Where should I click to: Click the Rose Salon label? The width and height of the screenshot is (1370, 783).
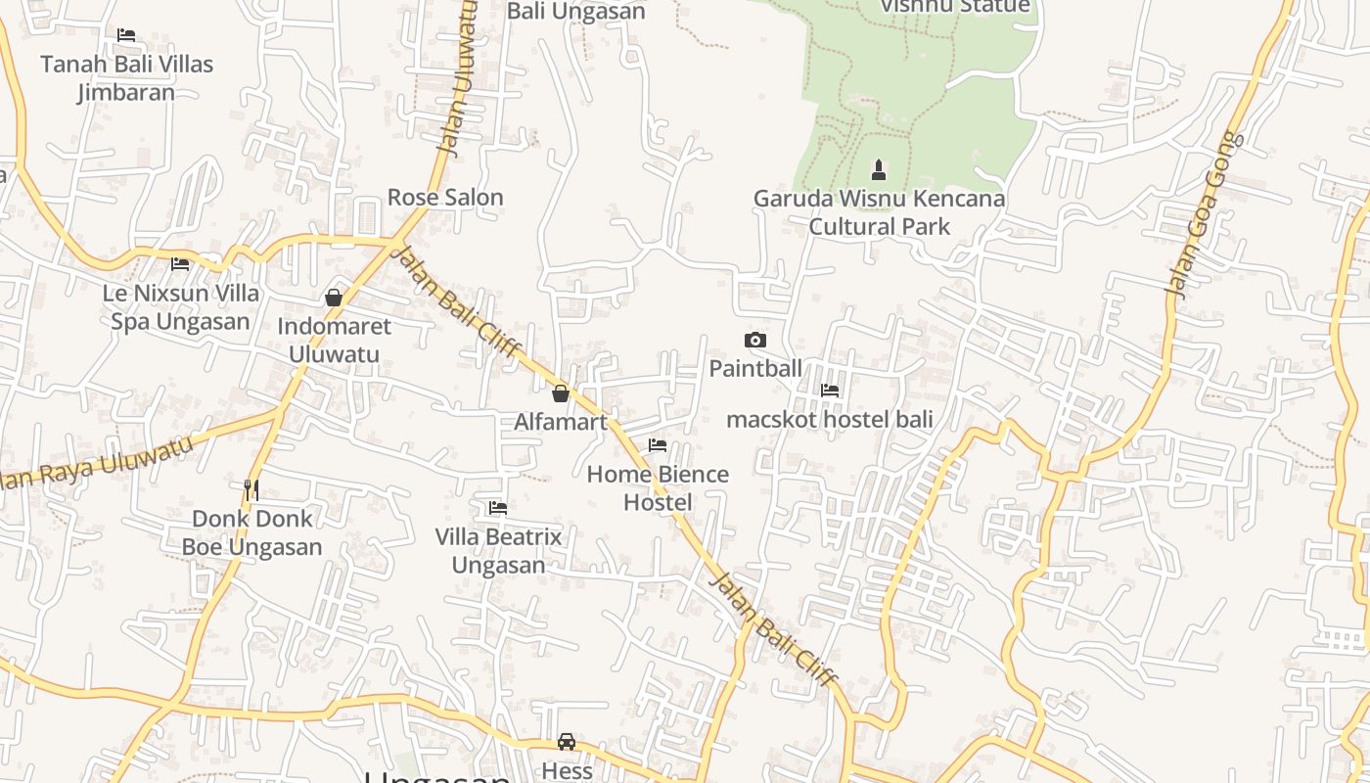coord(445,197)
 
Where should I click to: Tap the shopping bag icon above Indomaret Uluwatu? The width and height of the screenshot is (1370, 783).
coord(334,298)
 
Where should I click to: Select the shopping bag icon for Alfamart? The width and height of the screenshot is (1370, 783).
coord(561,393)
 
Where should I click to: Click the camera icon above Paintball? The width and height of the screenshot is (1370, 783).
coord(755,341)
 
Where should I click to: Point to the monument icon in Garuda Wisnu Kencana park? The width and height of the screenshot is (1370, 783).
coord(879,170)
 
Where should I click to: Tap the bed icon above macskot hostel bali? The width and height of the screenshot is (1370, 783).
coord(830,391)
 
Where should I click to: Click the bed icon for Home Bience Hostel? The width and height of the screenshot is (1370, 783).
coord(658,445)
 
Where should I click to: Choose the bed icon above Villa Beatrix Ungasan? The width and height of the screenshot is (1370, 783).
coord(498,508)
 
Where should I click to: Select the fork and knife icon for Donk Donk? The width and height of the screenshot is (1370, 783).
coord(251,488)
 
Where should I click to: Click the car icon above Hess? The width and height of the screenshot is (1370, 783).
coord(567,741)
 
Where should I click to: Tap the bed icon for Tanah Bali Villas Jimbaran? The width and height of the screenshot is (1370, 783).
coord(126,35)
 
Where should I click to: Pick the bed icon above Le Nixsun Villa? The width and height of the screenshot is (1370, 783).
coord(180,264)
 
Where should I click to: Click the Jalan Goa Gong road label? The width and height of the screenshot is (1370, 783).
coord(1206,213)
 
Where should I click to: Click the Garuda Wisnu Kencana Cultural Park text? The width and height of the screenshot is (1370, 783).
coord(879,212)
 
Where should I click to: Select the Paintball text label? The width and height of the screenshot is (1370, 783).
coord(755,369)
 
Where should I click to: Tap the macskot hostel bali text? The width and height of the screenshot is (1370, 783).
coord(829,420)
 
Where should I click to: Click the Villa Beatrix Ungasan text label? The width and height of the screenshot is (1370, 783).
coord(498,551)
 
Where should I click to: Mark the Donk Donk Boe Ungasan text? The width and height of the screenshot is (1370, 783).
coord(251,532)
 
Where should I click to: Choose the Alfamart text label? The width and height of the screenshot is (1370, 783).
coord(561,422)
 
